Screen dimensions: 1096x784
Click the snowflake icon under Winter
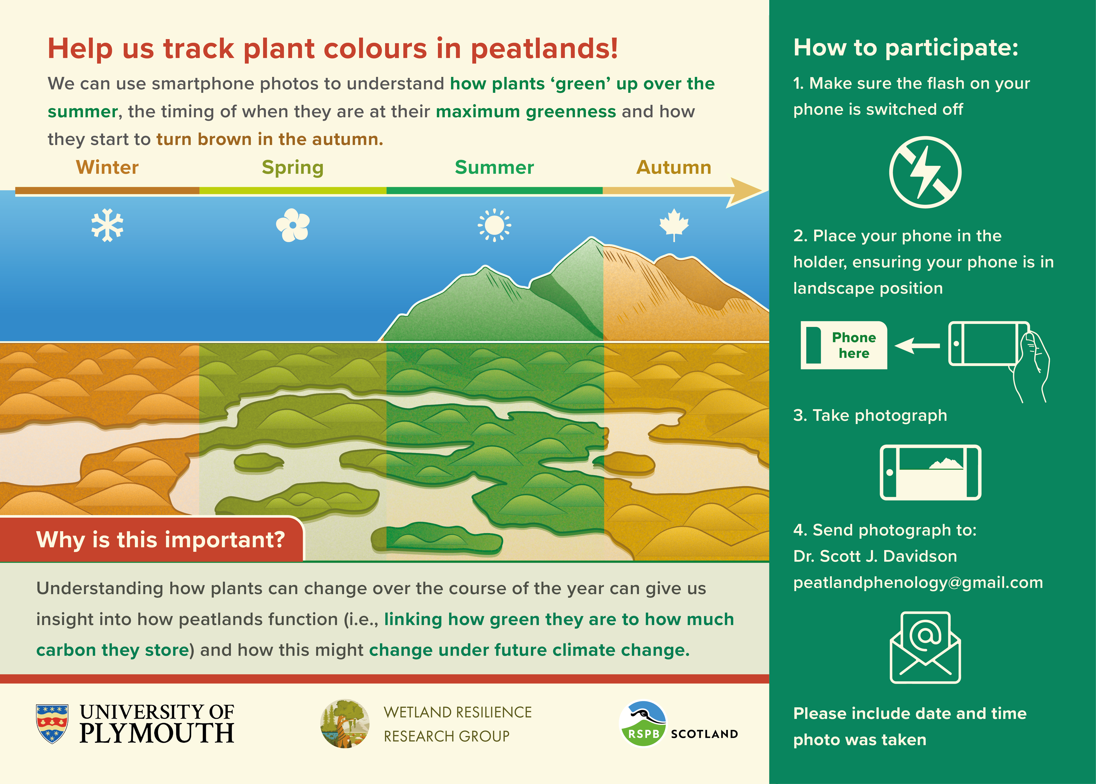[107, 225]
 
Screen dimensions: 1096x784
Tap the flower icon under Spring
[293, 225]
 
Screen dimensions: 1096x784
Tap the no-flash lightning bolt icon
[925, 172]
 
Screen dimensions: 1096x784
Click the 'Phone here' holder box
[844, 345]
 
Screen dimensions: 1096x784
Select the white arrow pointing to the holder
[917, 346]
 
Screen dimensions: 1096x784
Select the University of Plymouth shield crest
[52, 723]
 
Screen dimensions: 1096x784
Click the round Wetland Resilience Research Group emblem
[345, 724]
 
